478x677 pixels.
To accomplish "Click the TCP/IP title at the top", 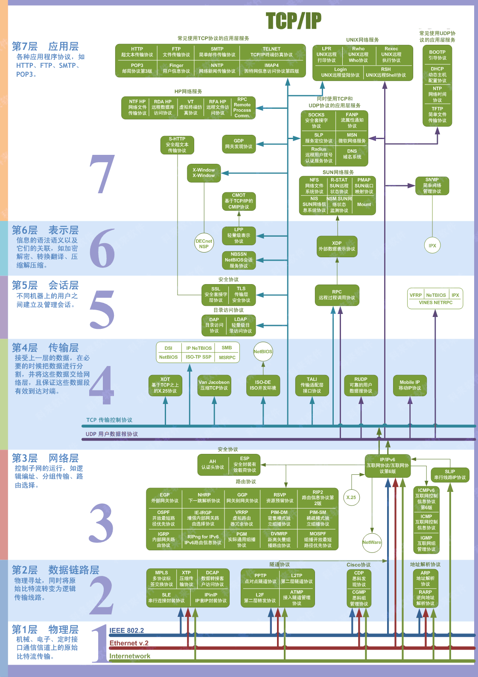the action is [293, 20].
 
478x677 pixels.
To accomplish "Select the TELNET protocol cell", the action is [271, 52].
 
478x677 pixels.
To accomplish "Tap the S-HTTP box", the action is [177, 145].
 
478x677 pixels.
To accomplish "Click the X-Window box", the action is [204, 173].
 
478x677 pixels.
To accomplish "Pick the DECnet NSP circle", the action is [204, 244].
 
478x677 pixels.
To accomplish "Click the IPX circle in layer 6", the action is [432, 245].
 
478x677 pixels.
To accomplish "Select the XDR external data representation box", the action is [337, 246].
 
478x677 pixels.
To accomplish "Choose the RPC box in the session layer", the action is [337, 295].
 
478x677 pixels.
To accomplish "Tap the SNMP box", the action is [432, 186].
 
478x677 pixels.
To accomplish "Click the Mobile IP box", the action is [410, 385].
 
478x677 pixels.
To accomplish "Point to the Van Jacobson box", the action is [214, 385].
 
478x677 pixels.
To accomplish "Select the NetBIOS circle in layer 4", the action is [263, 352].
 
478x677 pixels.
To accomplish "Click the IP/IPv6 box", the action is [388, 465].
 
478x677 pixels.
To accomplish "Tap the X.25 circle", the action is [351, 497].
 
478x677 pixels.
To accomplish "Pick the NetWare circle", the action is [372, 542].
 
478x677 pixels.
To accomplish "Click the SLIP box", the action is [450, 474].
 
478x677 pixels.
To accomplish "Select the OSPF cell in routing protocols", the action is [163, 518].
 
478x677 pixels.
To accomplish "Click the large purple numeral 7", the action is [102, 174].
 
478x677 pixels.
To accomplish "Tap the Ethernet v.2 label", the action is [129, 643].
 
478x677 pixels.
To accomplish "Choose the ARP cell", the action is [426, 578].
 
